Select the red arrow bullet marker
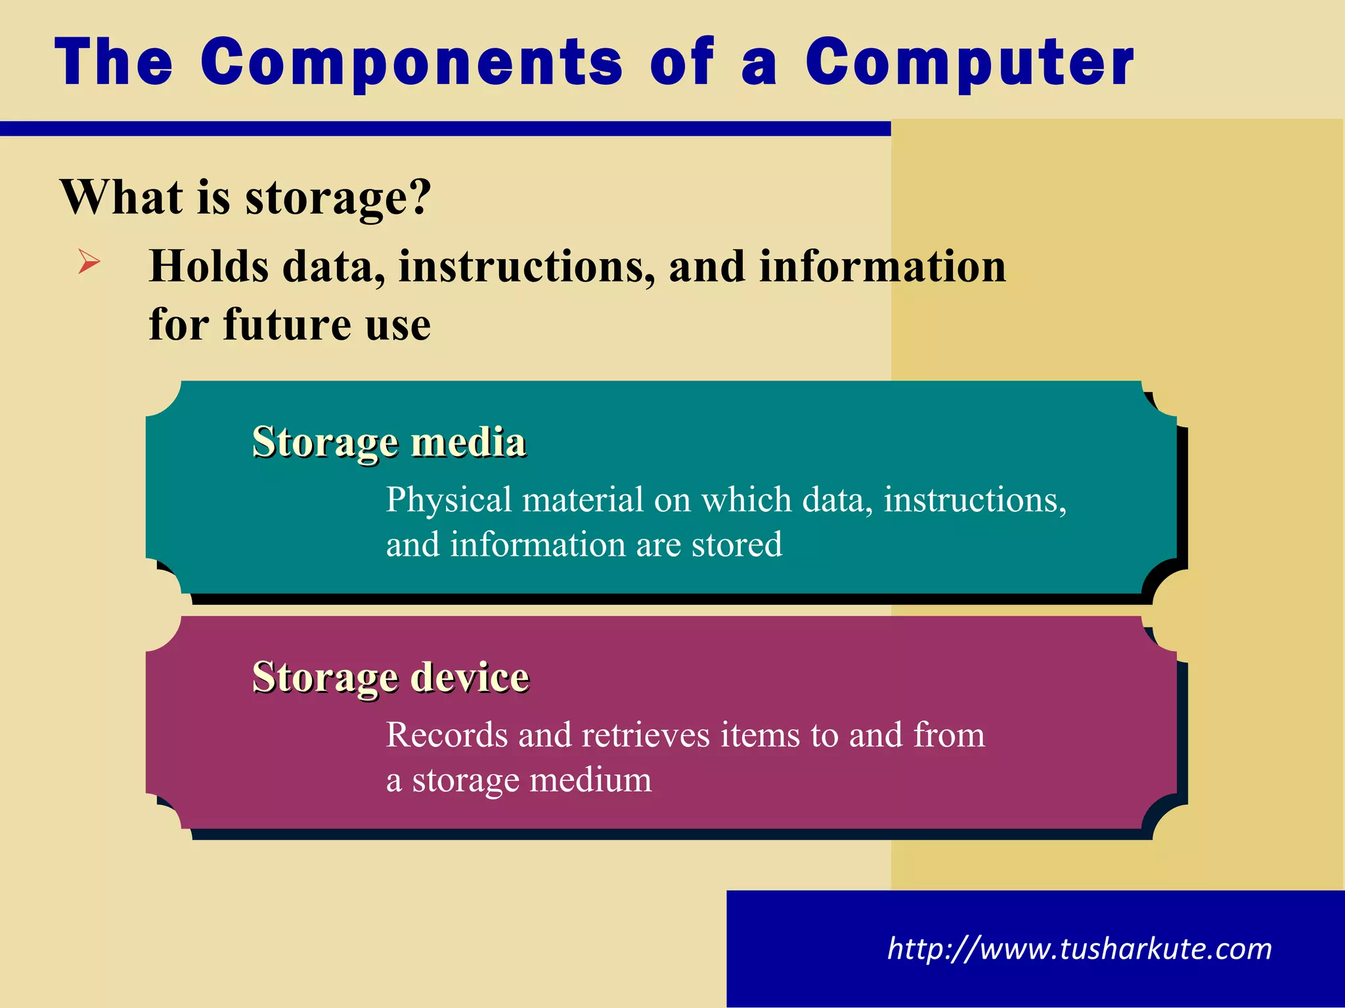click(89, 262)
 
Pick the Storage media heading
click(389, 441)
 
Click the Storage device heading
click(391, 677)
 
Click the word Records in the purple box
click(447, 734)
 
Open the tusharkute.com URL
click(1079, 949)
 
